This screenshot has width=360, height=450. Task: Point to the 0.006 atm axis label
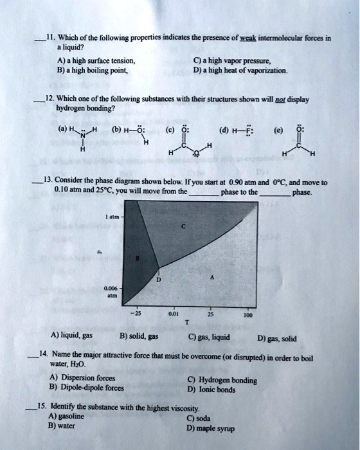point(111,293)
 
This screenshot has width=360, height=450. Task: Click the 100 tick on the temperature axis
point(249,315)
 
